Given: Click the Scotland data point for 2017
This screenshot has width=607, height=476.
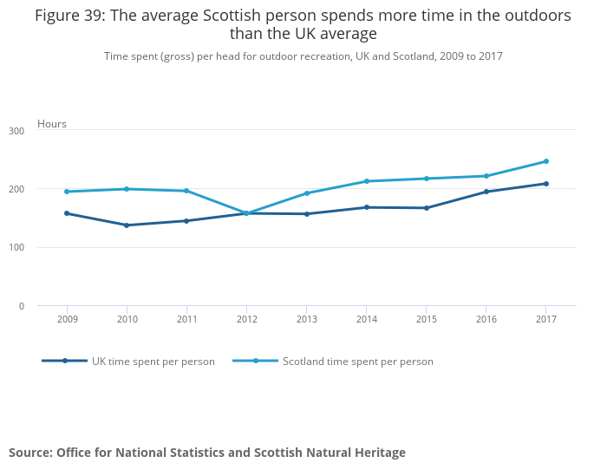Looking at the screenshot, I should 546,161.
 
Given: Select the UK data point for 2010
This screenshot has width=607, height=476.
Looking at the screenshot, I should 127,225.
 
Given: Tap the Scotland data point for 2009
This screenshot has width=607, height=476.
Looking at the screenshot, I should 67,192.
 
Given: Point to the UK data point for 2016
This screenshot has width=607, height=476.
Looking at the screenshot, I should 486,192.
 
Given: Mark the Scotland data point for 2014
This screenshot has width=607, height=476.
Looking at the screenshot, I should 367,181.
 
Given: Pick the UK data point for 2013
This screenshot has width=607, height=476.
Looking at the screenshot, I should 307,214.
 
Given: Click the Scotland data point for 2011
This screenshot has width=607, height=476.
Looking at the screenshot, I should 186,191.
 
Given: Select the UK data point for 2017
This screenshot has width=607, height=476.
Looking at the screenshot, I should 546,184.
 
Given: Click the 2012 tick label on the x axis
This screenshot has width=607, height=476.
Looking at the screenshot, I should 247,320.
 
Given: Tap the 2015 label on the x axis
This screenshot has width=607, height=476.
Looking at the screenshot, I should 427,320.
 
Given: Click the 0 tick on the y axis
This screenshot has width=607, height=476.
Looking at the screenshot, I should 45,306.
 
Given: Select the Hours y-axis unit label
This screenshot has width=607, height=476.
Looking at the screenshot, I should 52,124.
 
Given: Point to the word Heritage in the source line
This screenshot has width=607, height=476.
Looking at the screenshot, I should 376,453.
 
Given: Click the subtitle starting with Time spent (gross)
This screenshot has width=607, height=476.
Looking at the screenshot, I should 303,56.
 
